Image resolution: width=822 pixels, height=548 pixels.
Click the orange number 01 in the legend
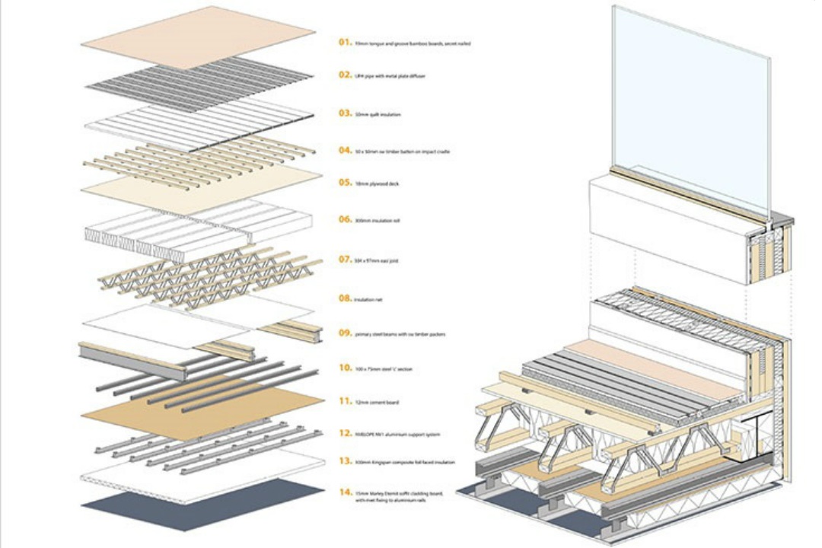click(x=345, y=43)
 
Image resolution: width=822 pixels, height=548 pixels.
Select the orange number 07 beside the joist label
click(x=345, y=260)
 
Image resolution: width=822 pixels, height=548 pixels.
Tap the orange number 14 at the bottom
click(x=345, y=492)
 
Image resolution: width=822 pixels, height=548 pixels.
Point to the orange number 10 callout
click(x=345, y=368)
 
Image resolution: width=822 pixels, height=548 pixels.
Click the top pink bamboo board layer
click(x=198, y=37)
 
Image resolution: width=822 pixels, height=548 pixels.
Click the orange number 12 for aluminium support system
click(x=345, y=434)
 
